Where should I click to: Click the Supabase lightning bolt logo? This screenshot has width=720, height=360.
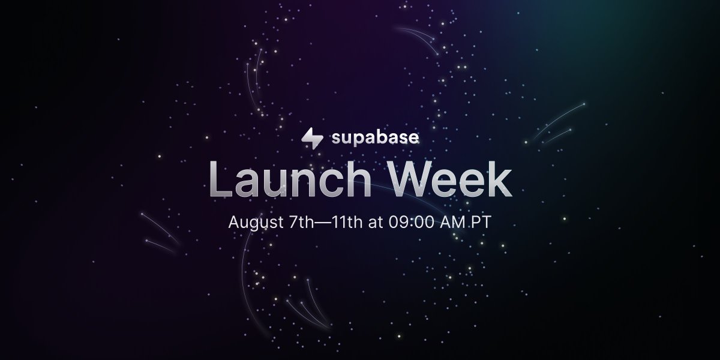(x=312, y=138)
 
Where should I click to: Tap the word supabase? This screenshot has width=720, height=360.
(x=375, y=138)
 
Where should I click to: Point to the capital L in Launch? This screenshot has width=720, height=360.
(x=220, y=180)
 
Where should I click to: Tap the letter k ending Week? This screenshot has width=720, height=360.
(x=499, y=180)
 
